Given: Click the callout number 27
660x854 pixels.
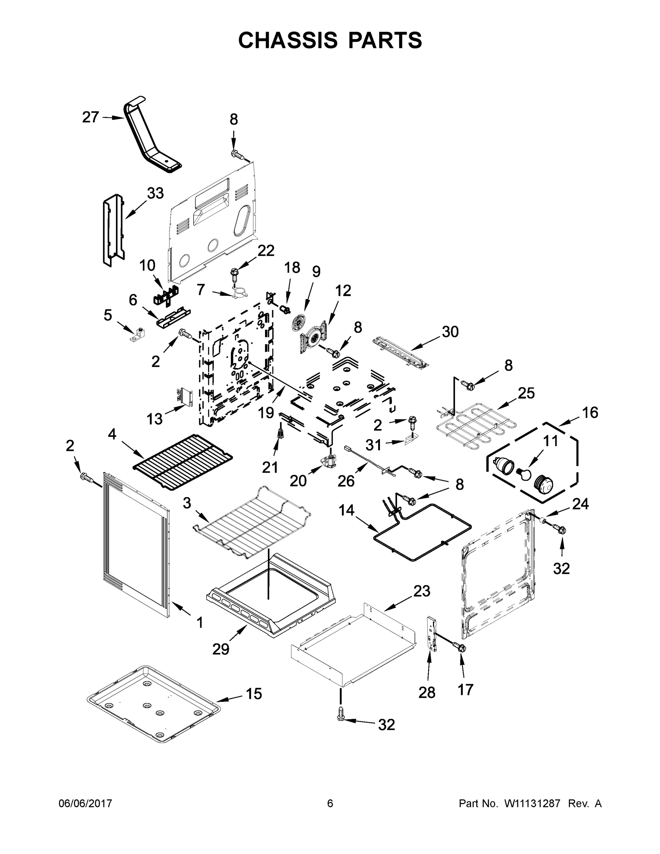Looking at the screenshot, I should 90,117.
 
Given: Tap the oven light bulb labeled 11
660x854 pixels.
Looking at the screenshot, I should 524,474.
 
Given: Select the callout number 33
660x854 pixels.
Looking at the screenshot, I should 155,193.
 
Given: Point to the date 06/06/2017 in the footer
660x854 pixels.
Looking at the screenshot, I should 85,803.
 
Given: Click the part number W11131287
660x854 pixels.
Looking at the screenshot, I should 532,803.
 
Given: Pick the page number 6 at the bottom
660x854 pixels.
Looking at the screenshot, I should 330,803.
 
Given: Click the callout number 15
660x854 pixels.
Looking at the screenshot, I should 254,694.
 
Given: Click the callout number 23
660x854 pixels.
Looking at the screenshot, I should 422,591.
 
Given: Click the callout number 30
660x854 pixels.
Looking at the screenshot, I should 450,332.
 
